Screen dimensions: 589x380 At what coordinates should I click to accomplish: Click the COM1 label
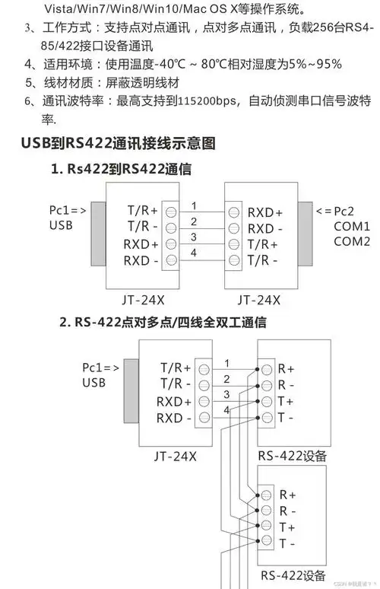point(352,226)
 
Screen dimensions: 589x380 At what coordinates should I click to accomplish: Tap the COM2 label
point(352,241)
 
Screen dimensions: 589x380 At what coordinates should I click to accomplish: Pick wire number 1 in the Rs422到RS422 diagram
point(194,205)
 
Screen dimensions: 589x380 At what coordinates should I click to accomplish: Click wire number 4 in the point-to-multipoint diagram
point(226,411)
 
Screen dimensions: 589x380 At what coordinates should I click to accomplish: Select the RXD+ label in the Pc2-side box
point(265,212)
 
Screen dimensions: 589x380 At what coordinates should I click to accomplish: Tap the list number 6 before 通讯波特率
point(28,100)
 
